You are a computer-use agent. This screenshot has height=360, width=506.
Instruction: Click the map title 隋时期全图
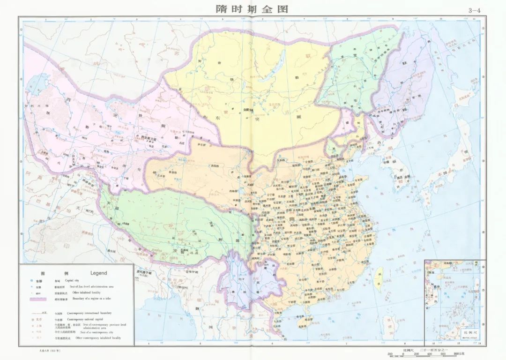click(252, 9)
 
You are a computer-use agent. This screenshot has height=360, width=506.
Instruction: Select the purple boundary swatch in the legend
click(40, 298)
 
